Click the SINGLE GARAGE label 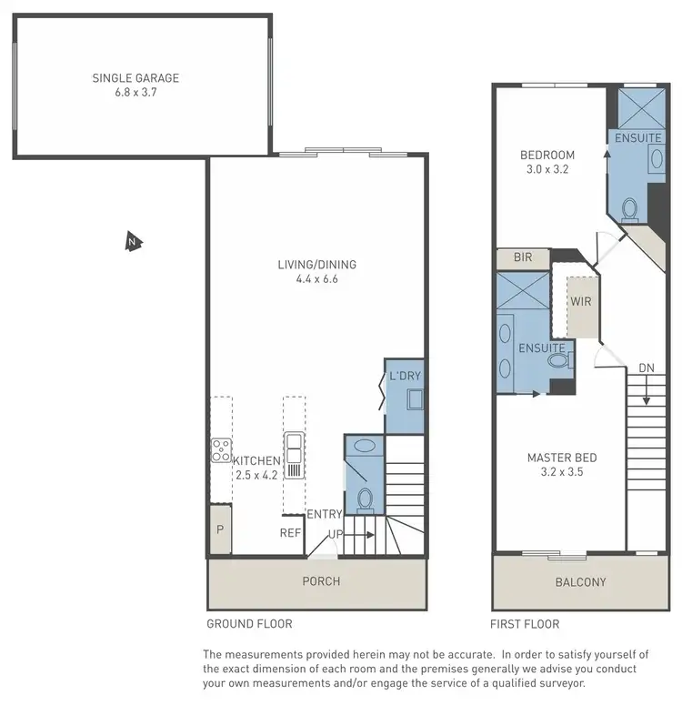click(x=135, y=78)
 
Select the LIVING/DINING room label click(x=316, y=265)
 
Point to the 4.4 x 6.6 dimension click(x=316, y=279)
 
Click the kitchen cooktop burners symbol click(x=221, y=448)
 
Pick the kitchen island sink click(x=295, y=446)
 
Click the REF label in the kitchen click(x=290, y=533)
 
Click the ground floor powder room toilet click(x=366, y=499)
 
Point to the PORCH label click(x=320, y=580)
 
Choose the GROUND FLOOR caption click(x=249, y=624)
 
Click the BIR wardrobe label click(x=522, y=258)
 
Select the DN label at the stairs click(x=646, y=368)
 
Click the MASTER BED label click(x=561, y=458)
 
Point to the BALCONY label click(x=580, y=582)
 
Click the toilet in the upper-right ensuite click(x=629, y=210)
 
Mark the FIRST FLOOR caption click(x=525, y=624)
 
